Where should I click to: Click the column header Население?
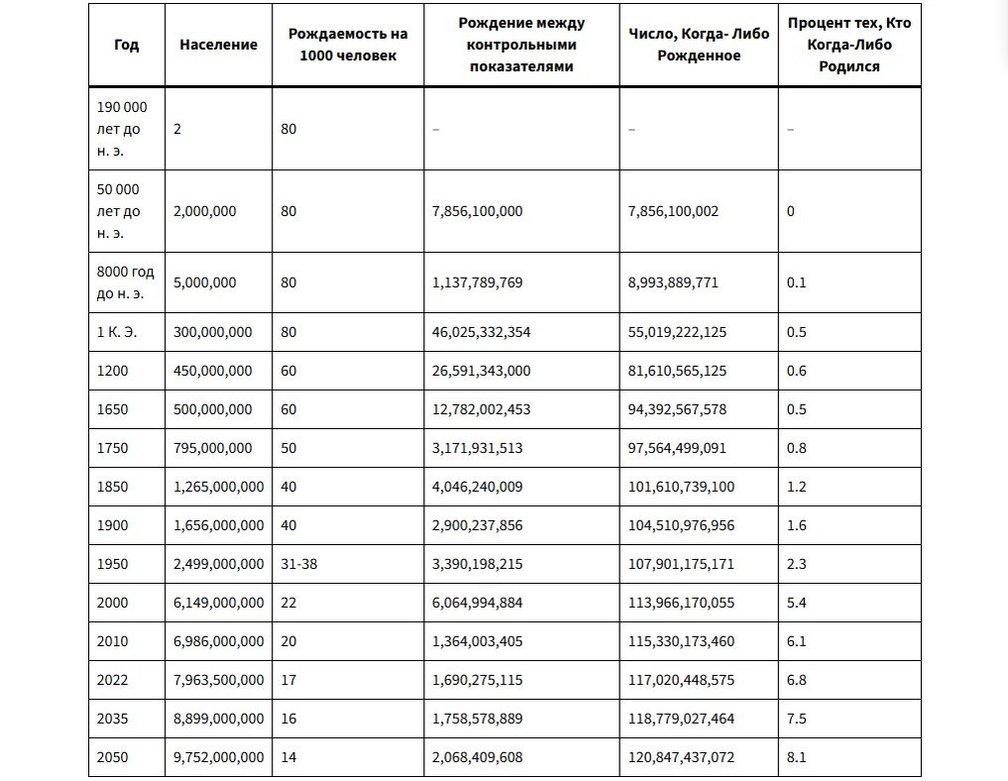click(219, 45)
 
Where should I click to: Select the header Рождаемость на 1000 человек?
click(348, 45)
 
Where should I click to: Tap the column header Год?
click(127, 45)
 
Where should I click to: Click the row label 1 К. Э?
click(117, 332)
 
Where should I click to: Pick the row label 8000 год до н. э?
click(125, 282)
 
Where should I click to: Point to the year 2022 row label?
click(113, 680)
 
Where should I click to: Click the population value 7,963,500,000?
click(219, 680)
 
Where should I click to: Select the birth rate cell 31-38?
click(299, 564)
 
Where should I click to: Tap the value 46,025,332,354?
click(482, 332)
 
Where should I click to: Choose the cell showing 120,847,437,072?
click(682, 757)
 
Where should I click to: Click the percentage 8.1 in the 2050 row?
click(797, 757)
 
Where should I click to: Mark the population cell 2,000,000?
click(205, 211)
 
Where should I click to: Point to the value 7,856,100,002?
click(673, 211)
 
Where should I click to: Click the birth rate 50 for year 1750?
click(288, 448)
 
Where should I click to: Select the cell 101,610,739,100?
click(682, 487)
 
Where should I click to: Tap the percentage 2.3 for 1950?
click(797, 564)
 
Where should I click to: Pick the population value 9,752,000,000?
click(219, 757)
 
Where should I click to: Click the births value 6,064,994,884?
click(478, 603)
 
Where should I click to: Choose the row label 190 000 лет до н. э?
click(122, 129)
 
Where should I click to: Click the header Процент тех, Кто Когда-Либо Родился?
click(849, 45)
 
